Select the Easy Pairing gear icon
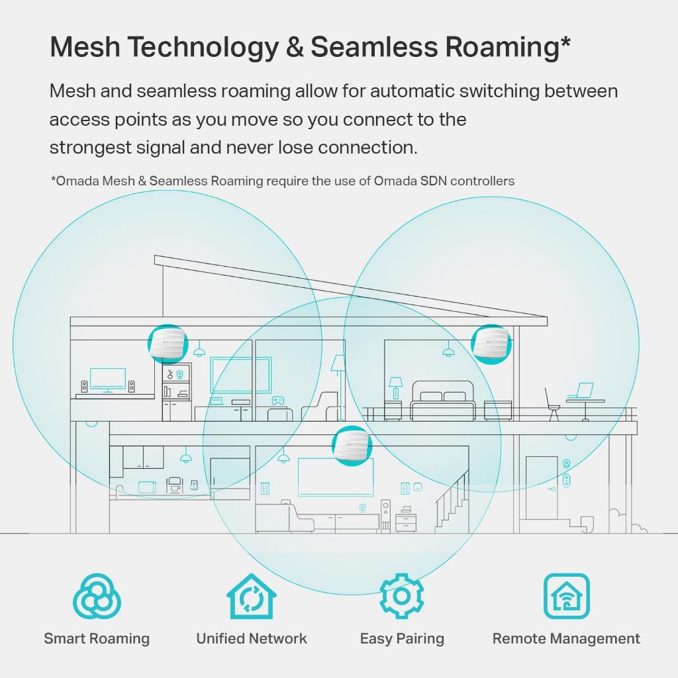click(x=401, y=596)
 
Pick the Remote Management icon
click(x=566, y=596)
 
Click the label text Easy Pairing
click(x=401, y=639)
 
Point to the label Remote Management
click(x=566, y=639)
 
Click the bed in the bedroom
click(x=442, y=405)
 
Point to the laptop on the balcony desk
click(x=585, y=391)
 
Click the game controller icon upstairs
click(x=278, y=401)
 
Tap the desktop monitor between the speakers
click(x=107, y=379)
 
